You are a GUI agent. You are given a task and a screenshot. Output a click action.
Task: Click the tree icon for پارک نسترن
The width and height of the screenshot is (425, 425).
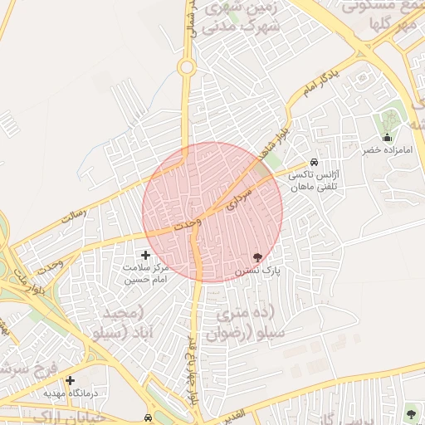(x=257, y=257)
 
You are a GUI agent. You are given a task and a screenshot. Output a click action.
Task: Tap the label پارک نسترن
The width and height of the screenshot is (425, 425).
(x=257, y=271)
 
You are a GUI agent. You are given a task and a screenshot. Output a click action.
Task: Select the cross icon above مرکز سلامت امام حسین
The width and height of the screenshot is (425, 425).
(x=146, y=255)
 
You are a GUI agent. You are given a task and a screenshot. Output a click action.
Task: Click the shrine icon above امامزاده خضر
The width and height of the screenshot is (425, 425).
(x=386, y=137)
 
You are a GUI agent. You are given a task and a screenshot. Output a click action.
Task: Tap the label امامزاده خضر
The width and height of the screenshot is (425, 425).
(x=379, y=150)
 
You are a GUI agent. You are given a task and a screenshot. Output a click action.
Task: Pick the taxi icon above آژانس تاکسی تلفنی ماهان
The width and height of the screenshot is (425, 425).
(x=314, y=162)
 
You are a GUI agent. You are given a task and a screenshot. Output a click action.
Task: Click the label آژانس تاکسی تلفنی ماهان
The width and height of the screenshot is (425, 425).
(x=315, y=182)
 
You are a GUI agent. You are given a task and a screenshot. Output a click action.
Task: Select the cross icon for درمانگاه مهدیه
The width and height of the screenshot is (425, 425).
(x=70, y=379)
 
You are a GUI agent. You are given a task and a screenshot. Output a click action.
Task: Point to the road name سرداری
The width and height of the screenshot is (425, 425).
(x=239, y=196)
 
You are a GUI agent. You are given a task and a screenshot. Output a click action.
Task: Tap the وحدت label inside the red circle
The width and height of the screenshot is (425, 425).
(x=189, y=224)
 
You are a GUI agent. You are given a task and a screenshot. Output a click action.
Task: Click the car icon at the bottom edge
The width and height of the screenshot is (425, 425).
(x=147, y=418)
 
